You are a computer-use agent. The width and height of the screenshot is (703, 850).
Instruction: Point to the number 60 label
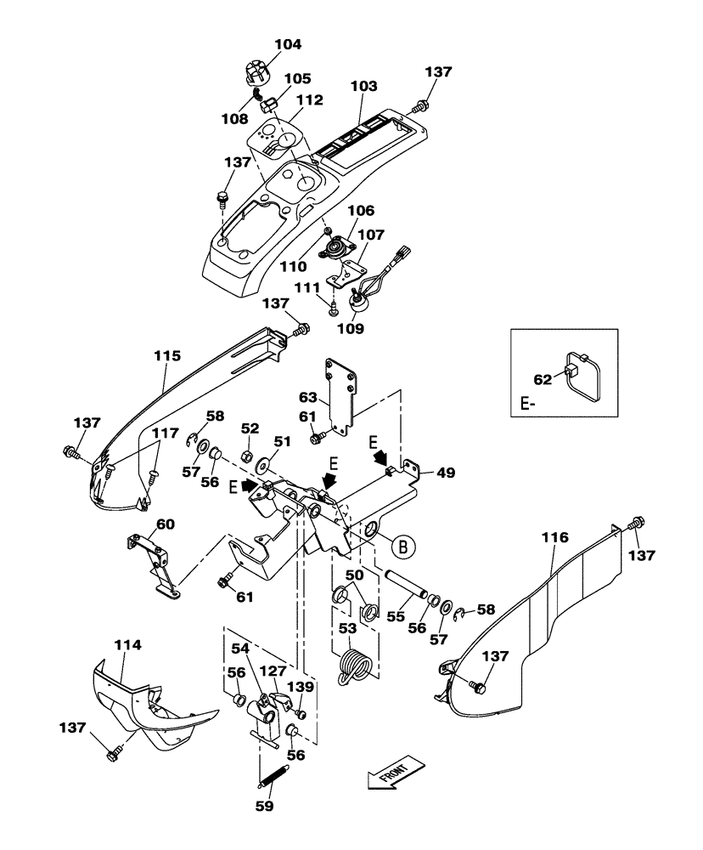click(166, 524)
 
